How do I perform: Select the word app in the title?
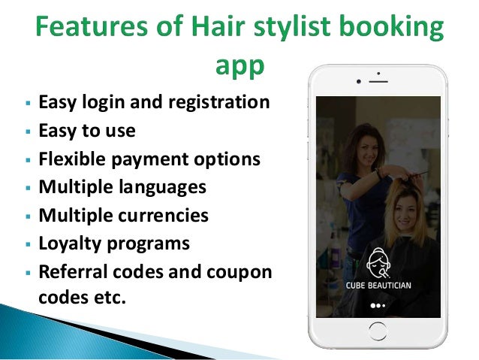[239, 66]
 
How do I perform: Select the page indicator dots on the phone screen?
[378, 306]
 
